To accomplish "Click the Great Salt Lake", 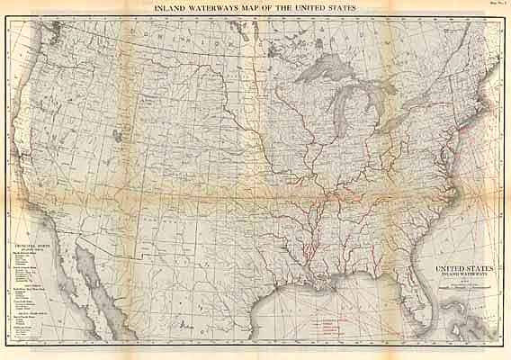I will tap(118, 137).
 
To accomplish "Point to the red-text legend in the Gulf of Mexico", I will tap(327, 325).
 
